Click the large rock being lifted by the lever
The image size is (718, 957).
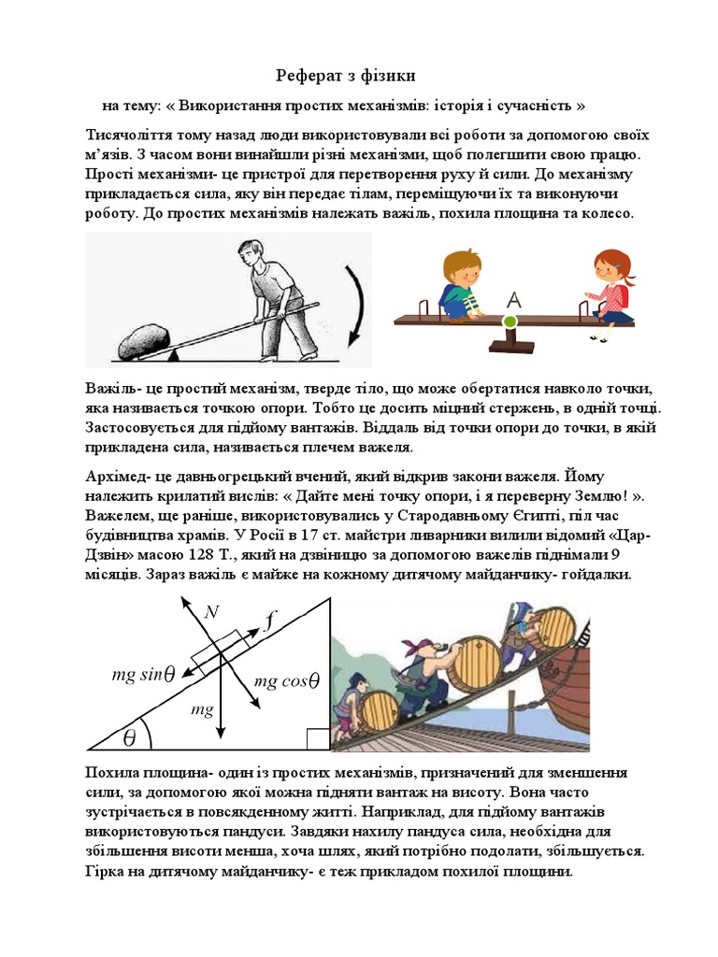click(x=148, y=339)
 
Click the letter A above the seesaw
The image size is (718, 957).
click(x=511, y=300)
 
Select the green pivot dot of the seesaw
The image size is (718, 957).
click(x=510, y=322)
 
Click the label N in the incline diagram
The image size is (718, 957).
click(x=211, y=612)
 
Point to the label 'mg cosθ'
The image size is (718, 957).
click(x=287, y=681)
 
